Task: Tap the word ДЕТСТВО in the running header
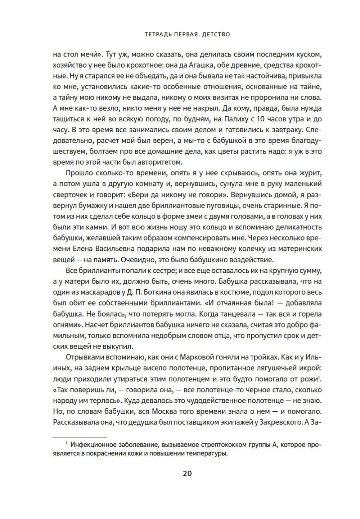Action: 215,35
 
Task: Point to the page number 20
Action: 187,473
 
